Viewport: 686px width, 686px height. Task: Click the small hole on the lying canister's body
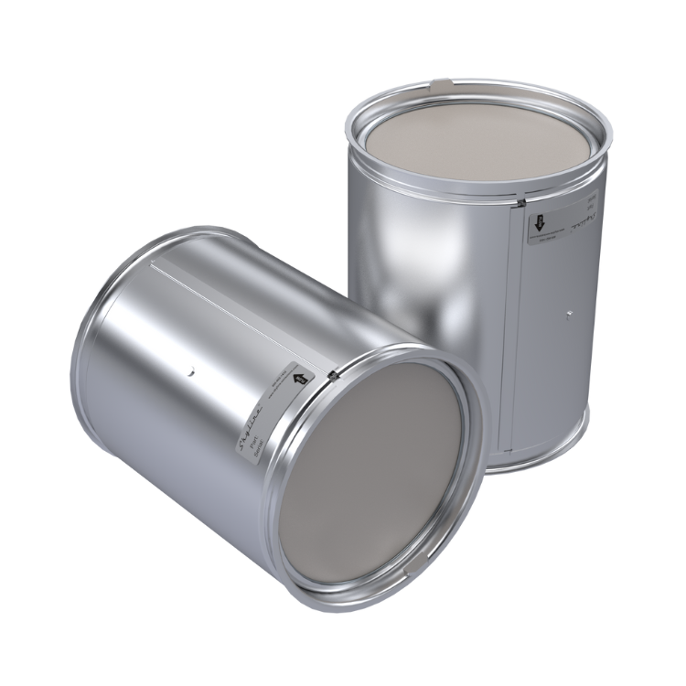point(191,372)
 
